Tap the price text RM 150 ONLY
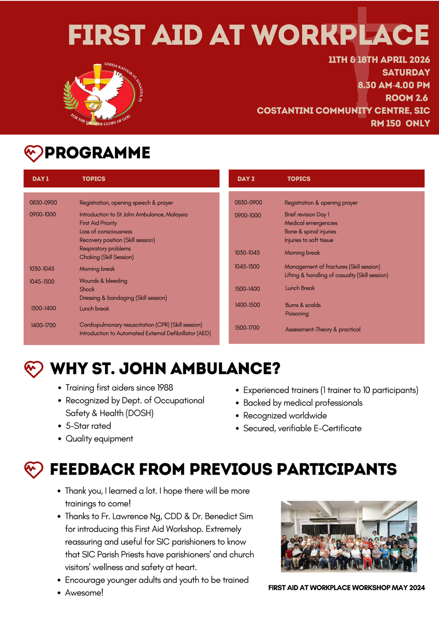400,124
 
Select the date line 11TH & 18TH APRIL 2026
379,60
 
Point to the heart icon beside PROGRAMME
33,153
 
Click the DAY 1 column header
40,179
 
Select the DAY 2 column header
246,179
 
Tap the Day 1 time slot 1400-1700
43,325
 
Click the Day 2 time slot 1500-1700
247,328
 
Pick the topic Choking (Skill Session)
106,257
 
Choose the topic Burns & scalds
303,305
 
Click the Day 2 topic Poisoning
297,314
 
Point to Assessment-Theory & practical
323,329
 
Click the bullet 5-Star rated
88,426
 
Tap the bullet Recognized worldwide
285,416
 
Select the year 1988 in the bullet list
165,388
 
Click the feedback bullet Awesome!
84,593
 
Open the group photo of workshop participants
349,537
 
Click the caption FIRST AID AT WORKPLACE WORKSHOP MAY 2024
346,588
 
